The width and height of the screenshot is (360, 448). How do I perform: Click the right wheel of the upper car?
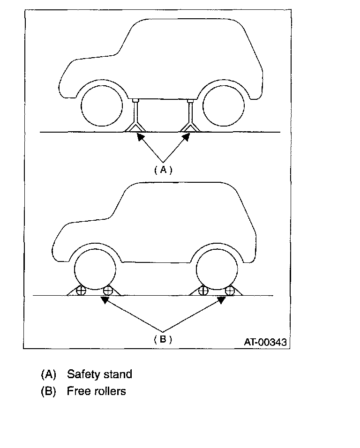223,106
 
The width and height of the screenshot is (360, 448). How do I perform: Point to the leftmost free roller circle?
82,291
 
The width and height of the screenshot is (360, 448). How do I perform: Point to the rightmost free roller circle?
230,291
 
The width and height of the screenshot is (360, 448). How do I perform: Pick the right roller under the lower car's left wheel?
108,291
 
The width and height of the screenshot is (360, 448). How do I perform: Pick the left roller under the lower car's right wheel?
203,291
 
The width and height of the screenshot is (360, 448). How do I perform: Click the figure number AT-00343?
264,342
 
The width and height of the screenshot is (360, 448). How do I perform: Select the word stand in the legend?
117,374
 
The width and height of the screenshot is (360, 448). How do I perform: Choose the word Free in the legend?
77,391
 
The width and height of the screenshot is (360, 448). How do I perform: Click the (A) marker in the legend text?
48,374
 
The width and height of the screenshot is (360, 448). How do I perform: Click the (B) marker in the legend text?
48,391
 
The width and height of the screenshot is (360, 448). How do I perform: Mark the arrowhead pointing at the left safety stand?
139,136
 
